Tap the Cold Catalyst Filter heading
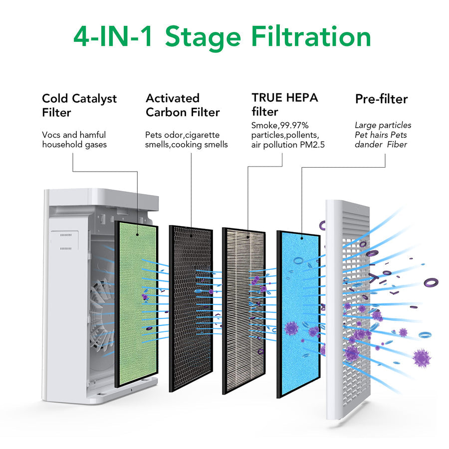[79, 105]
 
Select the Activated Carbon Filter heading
[182, 105]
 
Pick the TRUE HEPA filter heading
[284, 104]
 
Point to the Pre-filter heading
[381, 99]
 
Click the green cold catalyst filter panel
[136, 304]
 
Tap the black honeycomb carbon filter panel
[191, 309]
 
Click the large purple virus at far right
[422, 358]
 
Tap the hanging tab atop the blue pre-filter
[302, 238]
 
